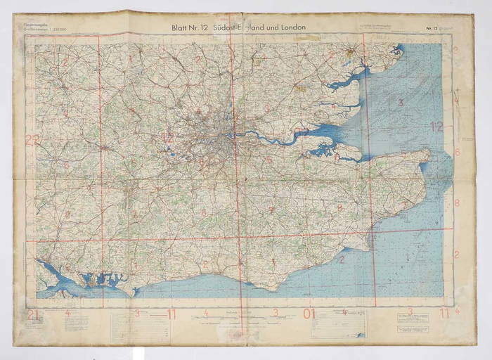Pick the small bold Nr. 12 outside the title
432,29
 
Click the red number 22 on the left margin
31,139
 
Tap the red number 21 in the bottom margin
32,314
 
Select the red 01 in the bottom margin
309,314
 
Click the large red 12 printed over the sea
436,127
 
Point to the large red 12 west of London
167,138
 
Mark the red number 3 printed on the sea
401,103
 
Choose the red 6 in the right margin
457,152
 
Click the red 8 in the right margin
457,203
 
